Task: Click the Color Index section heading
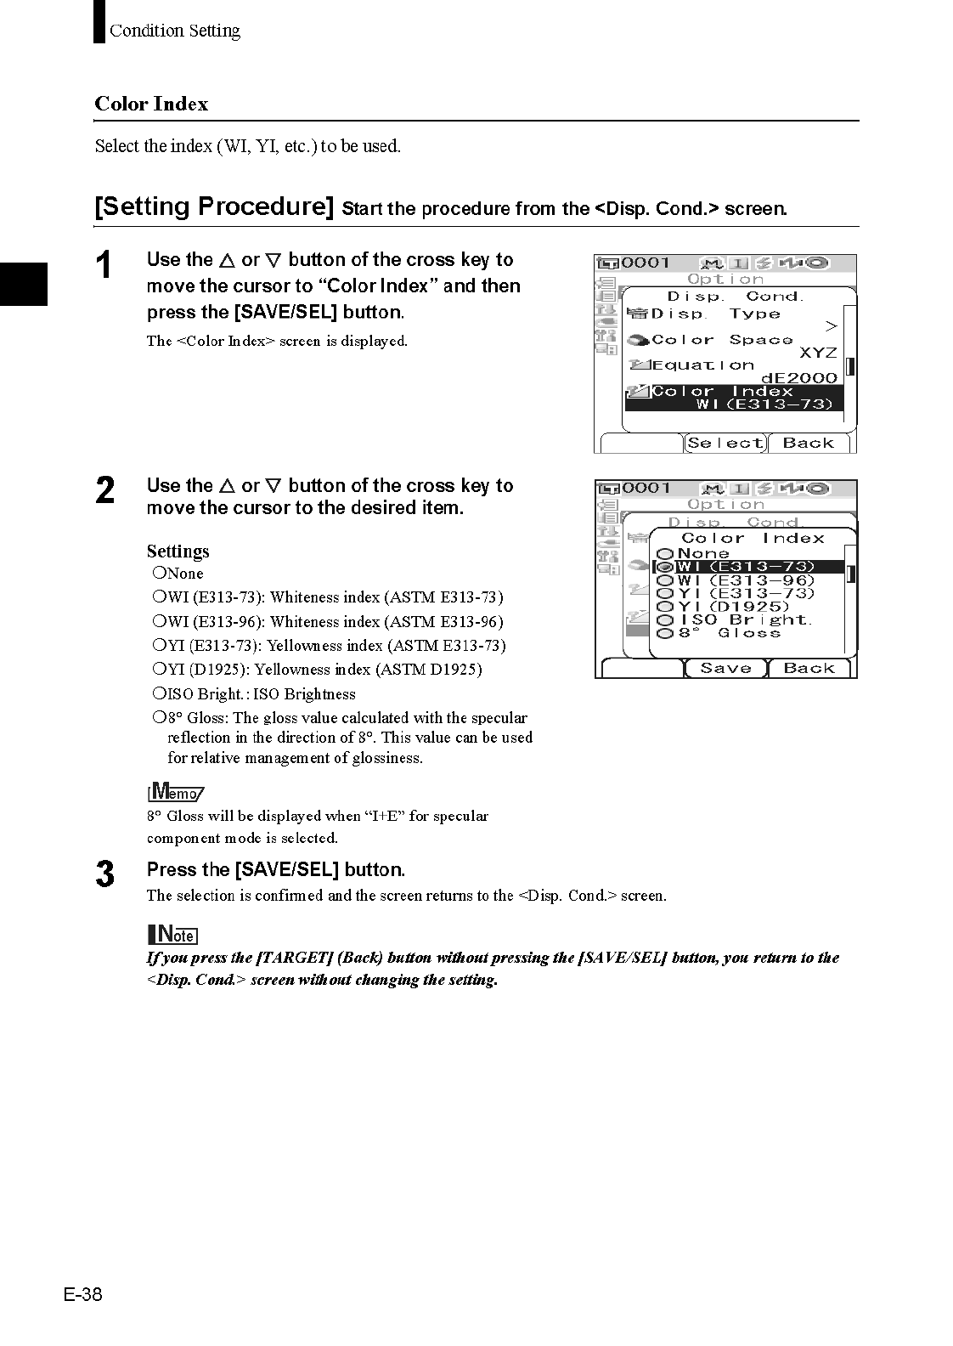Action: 151,104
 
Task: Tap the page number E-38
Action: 82,1294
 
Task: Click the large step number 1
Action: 104,265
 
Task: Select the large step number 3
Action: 104,874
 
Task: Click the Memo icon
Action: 176,791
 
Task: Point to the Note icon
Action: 172,934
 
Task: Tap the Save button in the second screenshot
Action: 725,668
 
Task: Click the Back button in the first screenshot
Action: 808,443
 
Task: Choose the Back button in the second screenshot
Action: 809,668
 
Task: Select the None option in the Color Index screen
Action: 702,553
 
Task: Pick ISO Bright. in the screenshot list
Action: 745,619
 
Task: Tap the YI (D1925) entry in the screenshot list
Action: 733,607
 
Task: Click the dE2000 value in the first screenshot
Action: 798,378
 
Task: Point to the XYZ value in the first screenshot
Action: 818,353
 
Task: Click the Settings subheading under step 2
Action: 178,551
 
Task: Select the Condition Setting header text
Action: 174,31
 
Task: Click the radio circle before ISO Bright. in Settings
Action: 159,693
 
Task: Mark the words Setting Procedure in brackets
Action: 214,206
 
